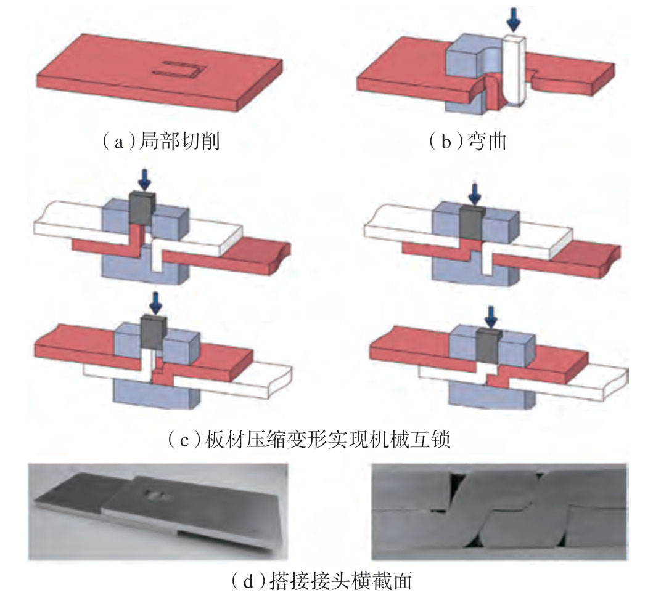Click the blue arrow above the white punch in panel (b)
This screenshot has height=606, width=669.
pos(513,20)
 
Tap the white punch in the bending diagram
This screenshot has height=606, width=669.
pos(513,68)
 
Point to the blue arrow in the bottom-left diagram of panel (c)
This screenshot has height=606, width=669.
pos(152,302)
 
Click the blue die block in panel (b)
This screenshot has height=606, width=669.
pos(464,62)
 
